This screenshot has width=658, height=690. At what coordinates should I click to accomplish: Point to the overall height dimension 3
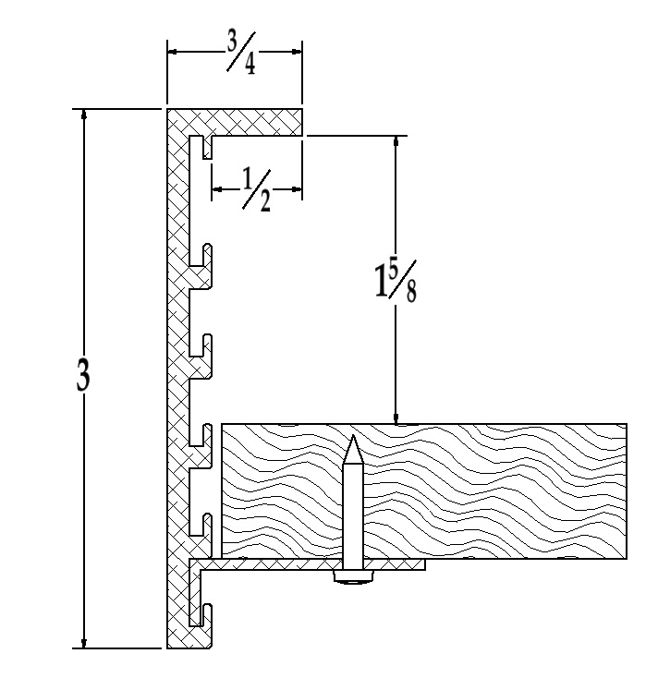click(83, 378)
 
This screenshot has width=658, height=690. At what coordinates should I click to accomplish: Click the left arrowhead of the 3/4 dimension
click(173, 51)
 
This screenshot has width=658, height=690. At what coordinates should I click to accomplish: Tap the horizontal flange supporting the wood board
click(305, 563)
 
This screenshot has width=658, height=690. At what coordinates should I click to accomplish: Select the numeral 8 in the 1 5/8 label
click(409, 292)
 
